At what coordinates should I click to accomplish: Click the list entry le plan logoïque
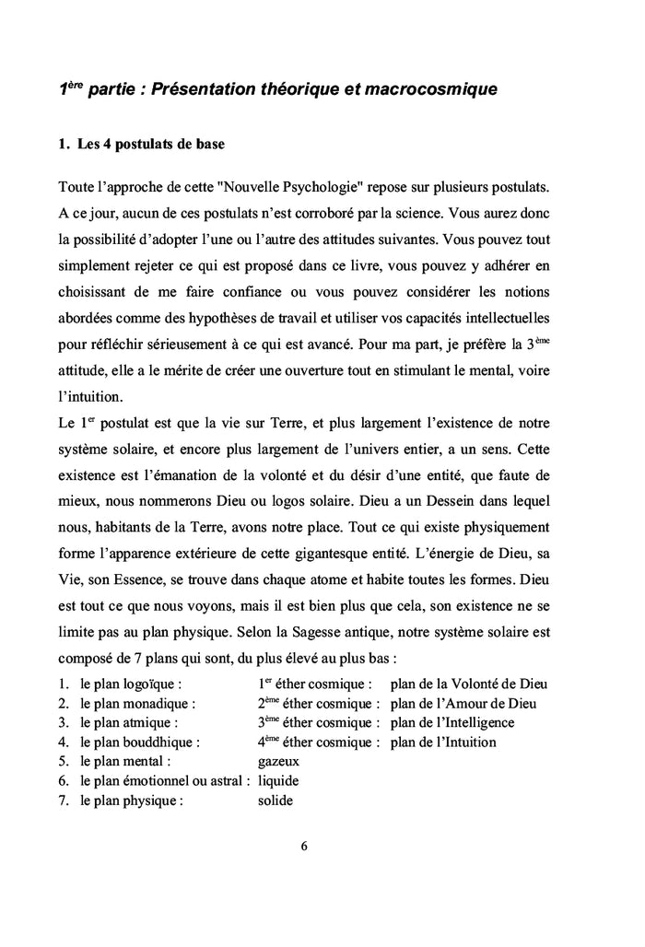(x=129, y=684)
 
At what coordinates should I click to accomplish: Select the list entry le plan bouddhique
(x=140, y=742)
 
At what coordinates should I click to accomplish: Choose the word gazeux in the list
(x=279, y=762)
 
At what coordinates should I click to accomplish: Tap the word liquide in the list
(x=278, y=781)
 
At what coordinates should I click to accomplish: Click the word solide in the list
(x=276, y=801)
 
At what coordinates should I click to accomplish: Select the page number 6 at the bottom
(x=303, y=848)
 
